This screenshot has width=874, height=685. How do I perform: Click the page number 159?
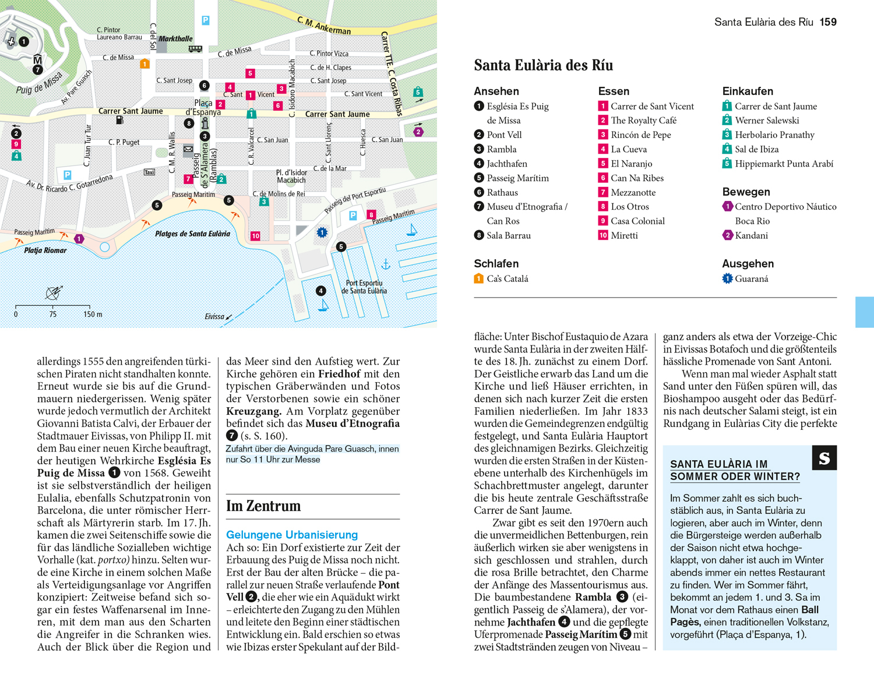(x=828, y=22)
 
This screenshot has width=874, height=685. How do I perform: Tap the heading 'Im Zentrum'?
(x=263, y=506)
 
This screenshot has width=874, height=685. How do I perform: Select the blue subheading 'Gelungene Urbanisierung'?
(x=292, y=535)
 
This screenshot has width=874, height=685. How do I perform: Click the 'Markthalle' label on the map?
(x=175, y=39)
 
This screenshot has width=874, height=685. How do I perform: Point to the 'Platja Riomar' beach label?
(x=45, y=250)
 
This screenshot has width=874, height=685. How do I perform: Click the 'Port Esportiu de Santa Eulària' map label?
(x=364, y=287)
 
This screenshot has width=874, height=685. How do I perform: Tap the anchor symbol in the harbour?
(x=386, y=264)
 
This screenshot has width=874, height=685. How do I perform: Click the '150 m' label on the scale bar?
(x=93, y=315)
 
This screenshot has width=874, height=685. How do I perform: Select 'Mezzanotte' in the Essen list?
(x=633, y=192)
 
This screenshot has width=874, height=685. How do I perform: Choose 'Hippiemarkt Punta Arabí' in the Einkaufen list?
(x=784, y=164)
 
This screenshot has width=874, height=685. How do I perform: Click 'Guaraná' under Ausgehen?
(x=752, y=279)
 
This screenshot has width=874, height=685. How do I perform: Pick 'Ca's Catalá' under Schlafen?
(x=508, y=279)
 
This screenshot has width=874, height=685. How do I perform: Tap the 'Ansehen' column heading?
(x=496, y=91)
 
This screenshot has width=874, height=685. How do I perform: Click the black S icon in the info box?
(x=824, y=458)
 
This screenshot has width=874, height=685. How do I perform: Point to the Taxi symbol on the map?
(x=150, y=172)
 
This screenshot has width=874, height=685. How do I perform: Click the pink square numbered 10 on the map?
(x=255, y=236)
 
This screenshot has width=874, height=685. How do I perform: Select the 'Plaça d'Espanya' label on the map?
(x=203, y=108)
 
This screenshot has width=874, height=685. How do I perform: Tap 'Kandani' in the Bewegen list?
(x=751, y=235)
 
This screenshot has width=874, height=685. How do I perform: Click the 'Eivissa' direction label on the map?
(x=214, y=317)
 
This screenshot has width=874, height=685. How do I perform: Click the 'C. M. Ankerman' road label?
(x=324, y=26)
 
